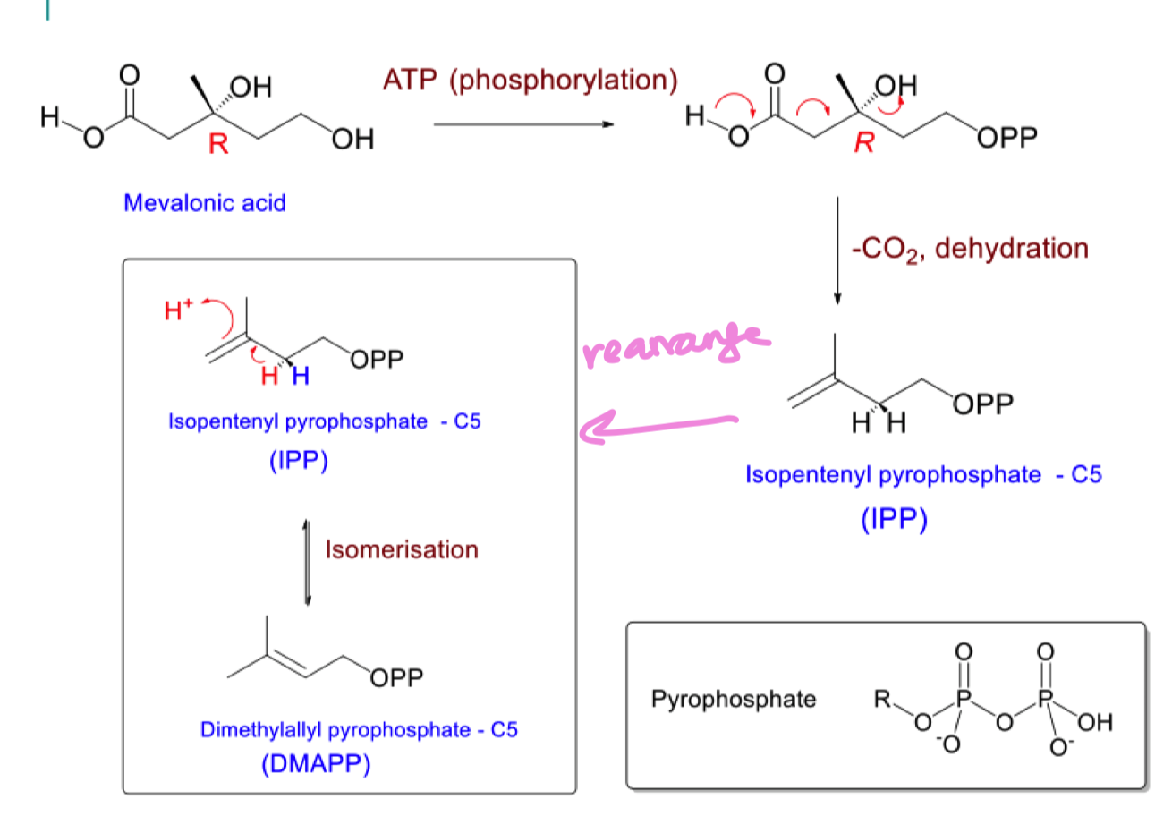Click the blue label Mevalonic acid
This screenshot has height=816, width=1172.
pos(205,203)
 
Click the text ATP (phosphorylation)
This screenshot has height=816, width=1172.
pos(529,81)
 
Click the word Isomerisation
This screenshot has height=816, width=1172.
pos(402,549)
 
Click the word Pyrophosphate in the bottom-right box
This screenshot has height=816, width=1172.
pos(734,699)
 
